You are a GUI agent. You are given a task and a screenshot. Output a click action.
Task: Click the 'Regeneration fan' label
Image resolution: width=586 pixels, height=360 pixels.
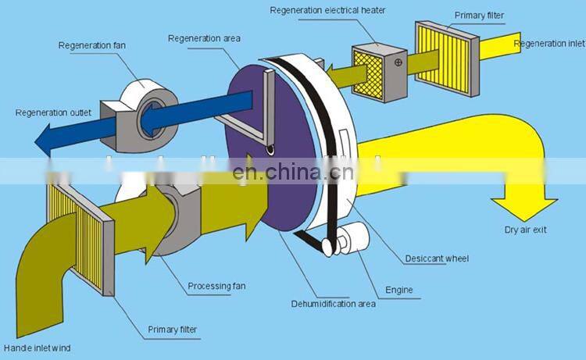[x=91, y=46]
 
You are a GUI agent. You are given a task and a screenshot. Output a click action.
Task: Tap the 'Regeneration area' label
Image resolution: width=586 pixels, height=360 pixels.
[x=204, y=38]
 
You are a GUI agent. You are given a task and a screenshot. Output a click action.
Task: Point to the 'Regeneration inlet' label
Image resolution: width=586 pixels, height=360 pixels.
[x=548, y=44]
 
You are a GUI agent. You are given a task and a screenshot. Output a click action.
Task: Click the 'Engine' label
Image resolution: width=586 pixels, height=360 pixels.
[x=398, y=290]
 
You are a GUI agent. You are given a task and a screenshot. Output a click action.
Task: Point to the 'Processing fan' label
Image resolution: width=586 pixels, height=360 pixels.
[x=216, y=286]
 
